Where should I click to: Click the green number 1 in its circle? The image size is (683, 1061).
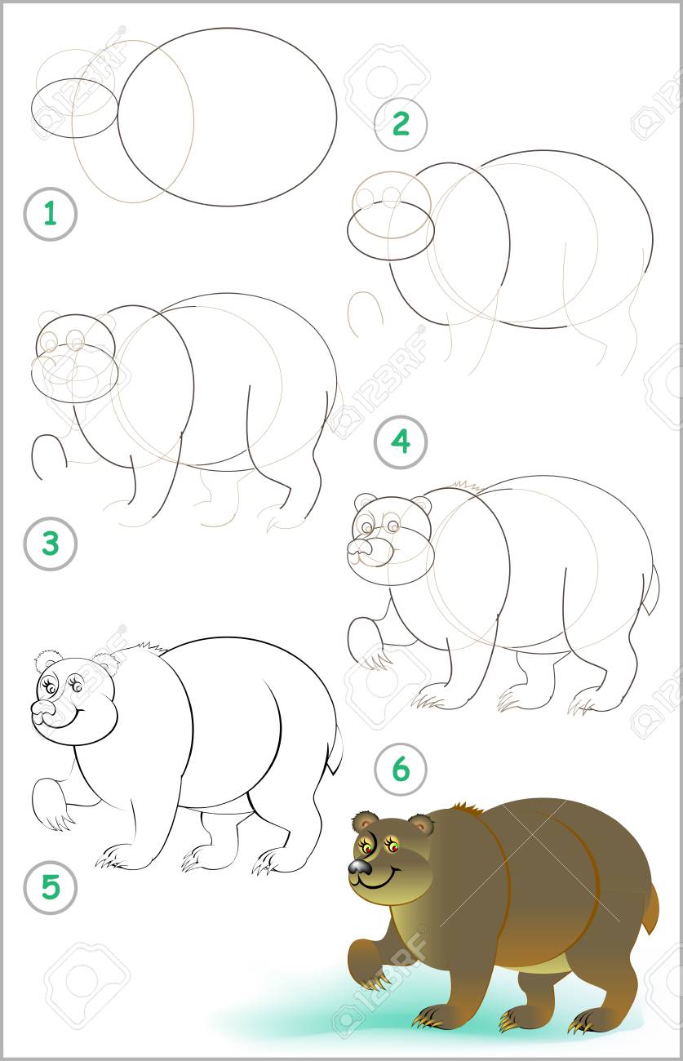point(50,214)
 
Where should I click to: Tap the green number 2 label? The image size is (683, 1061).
point(401,124)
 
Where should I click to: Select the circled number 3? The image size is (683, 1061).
point(50,544)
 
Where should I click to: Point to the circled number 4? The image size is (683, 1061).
point(401,442)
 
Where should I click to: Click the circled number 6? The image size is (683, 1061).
point(401,769)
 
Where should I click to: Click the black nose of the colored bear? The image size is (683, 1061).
point(361,866)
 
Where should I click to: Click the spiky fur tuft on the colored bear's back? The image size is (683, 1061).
point(468,808)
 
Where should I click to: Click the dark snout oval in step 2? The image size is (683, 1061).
point(391,230)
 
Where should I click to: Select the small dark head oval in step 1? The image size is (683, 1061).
point(75,108)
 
